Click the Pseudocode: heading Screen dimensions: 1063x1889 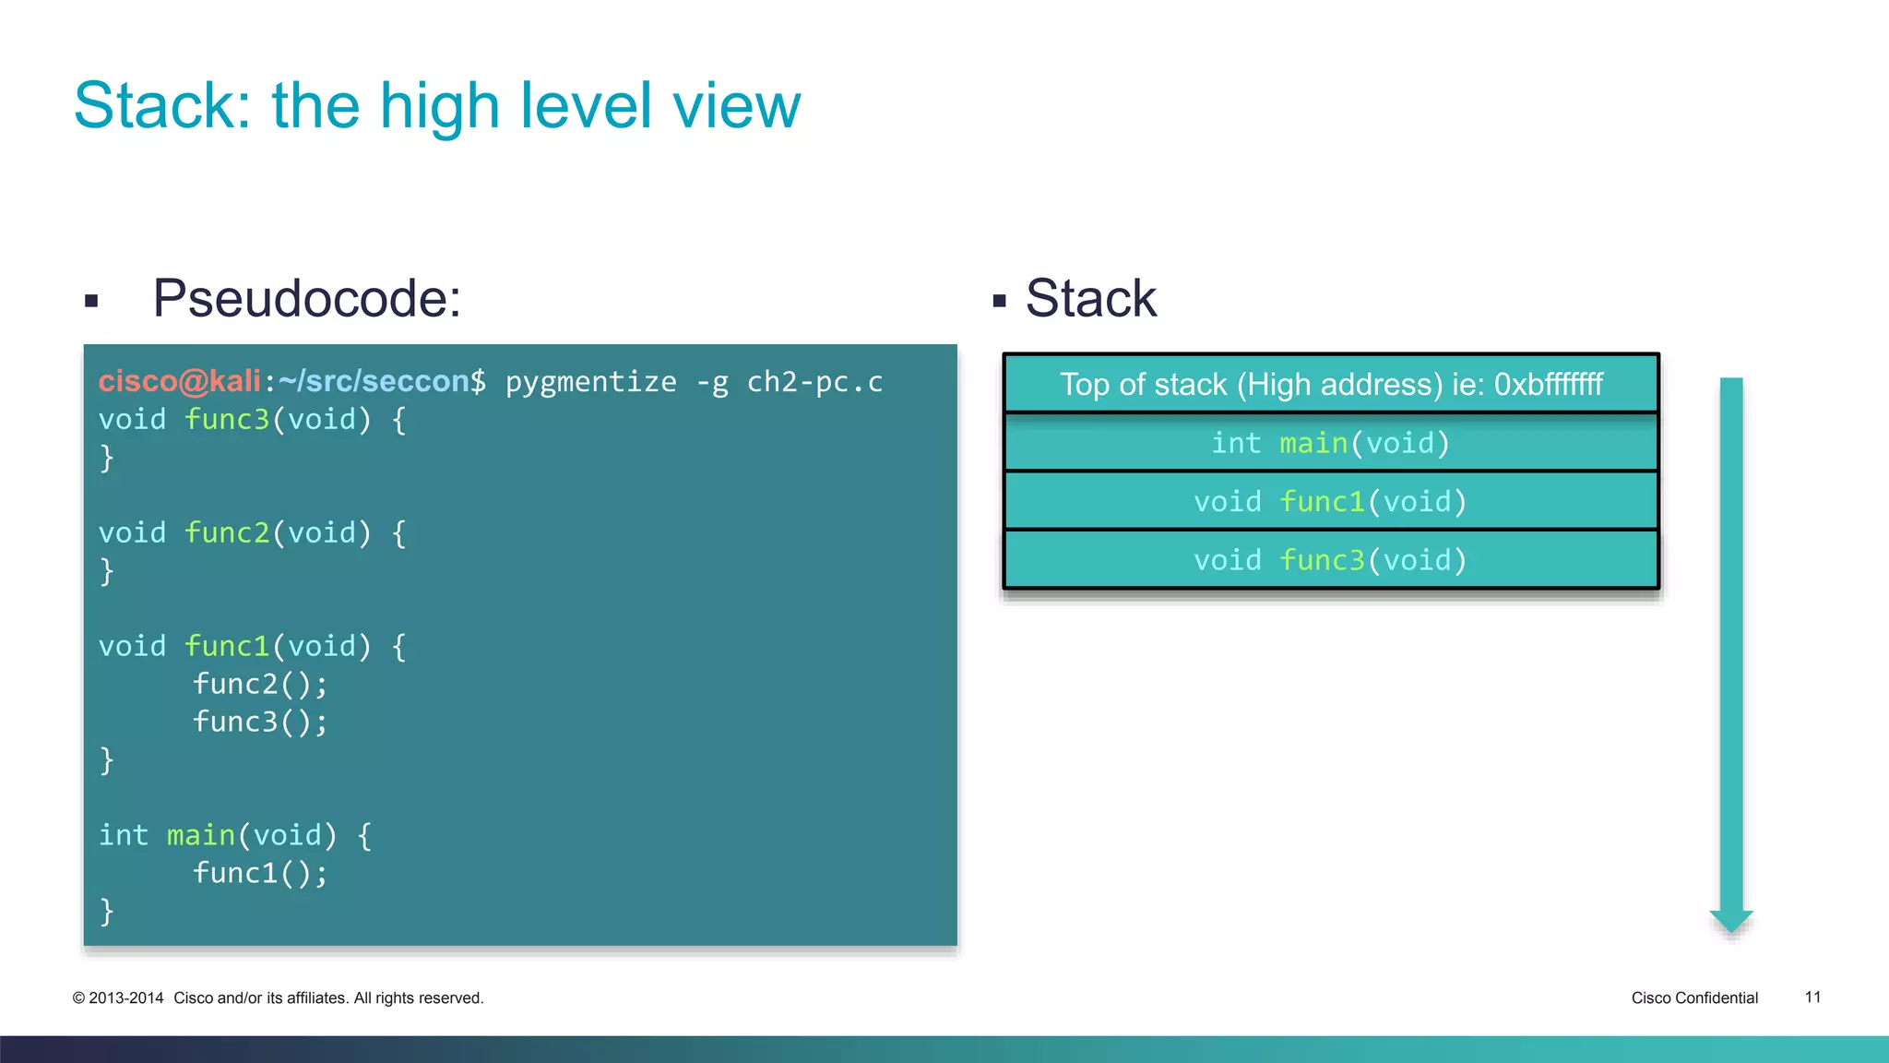(x=306, y=299)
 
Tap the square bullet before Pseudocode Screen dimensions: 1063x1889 (x=91, y=301)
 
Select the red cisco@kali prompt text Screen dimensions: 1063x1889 (x=180, y=381)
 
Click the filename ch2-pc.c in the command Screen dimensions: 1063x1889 (x=814, y=382)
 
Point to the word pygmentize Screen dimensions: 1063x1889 (x=590, y=382)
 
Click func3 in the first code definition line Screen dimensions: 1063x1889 (x=227, y=420)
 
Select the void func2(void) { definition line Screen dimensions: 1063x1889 (x=252, y=533)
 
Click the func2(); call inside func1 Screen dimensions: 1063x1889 (x=260, y=684)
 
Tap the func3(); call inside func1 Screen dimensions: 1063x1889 (x=260, y=722)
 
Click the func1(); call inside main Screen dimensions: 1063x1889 (x=260, y=873)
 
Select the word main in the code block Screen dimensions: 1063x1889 (x=201, y=835)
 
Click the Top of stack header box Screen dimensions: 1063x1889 (x=1330, y=384)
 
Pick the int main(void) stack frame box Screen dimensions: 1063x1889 (x=1330, y=443)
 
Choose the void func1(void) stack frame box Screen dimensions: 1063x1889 (x=1330, y=502)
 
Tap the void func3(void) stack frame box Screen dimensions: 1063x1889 (x=1330, y=560)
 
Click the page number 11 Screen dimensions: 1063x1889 (x=1812, y=997)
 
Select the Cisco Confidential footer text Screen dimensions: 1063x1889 (x=1694, y=998)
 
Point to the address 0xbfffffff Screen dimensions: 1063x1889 (x=1549, y=384)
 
